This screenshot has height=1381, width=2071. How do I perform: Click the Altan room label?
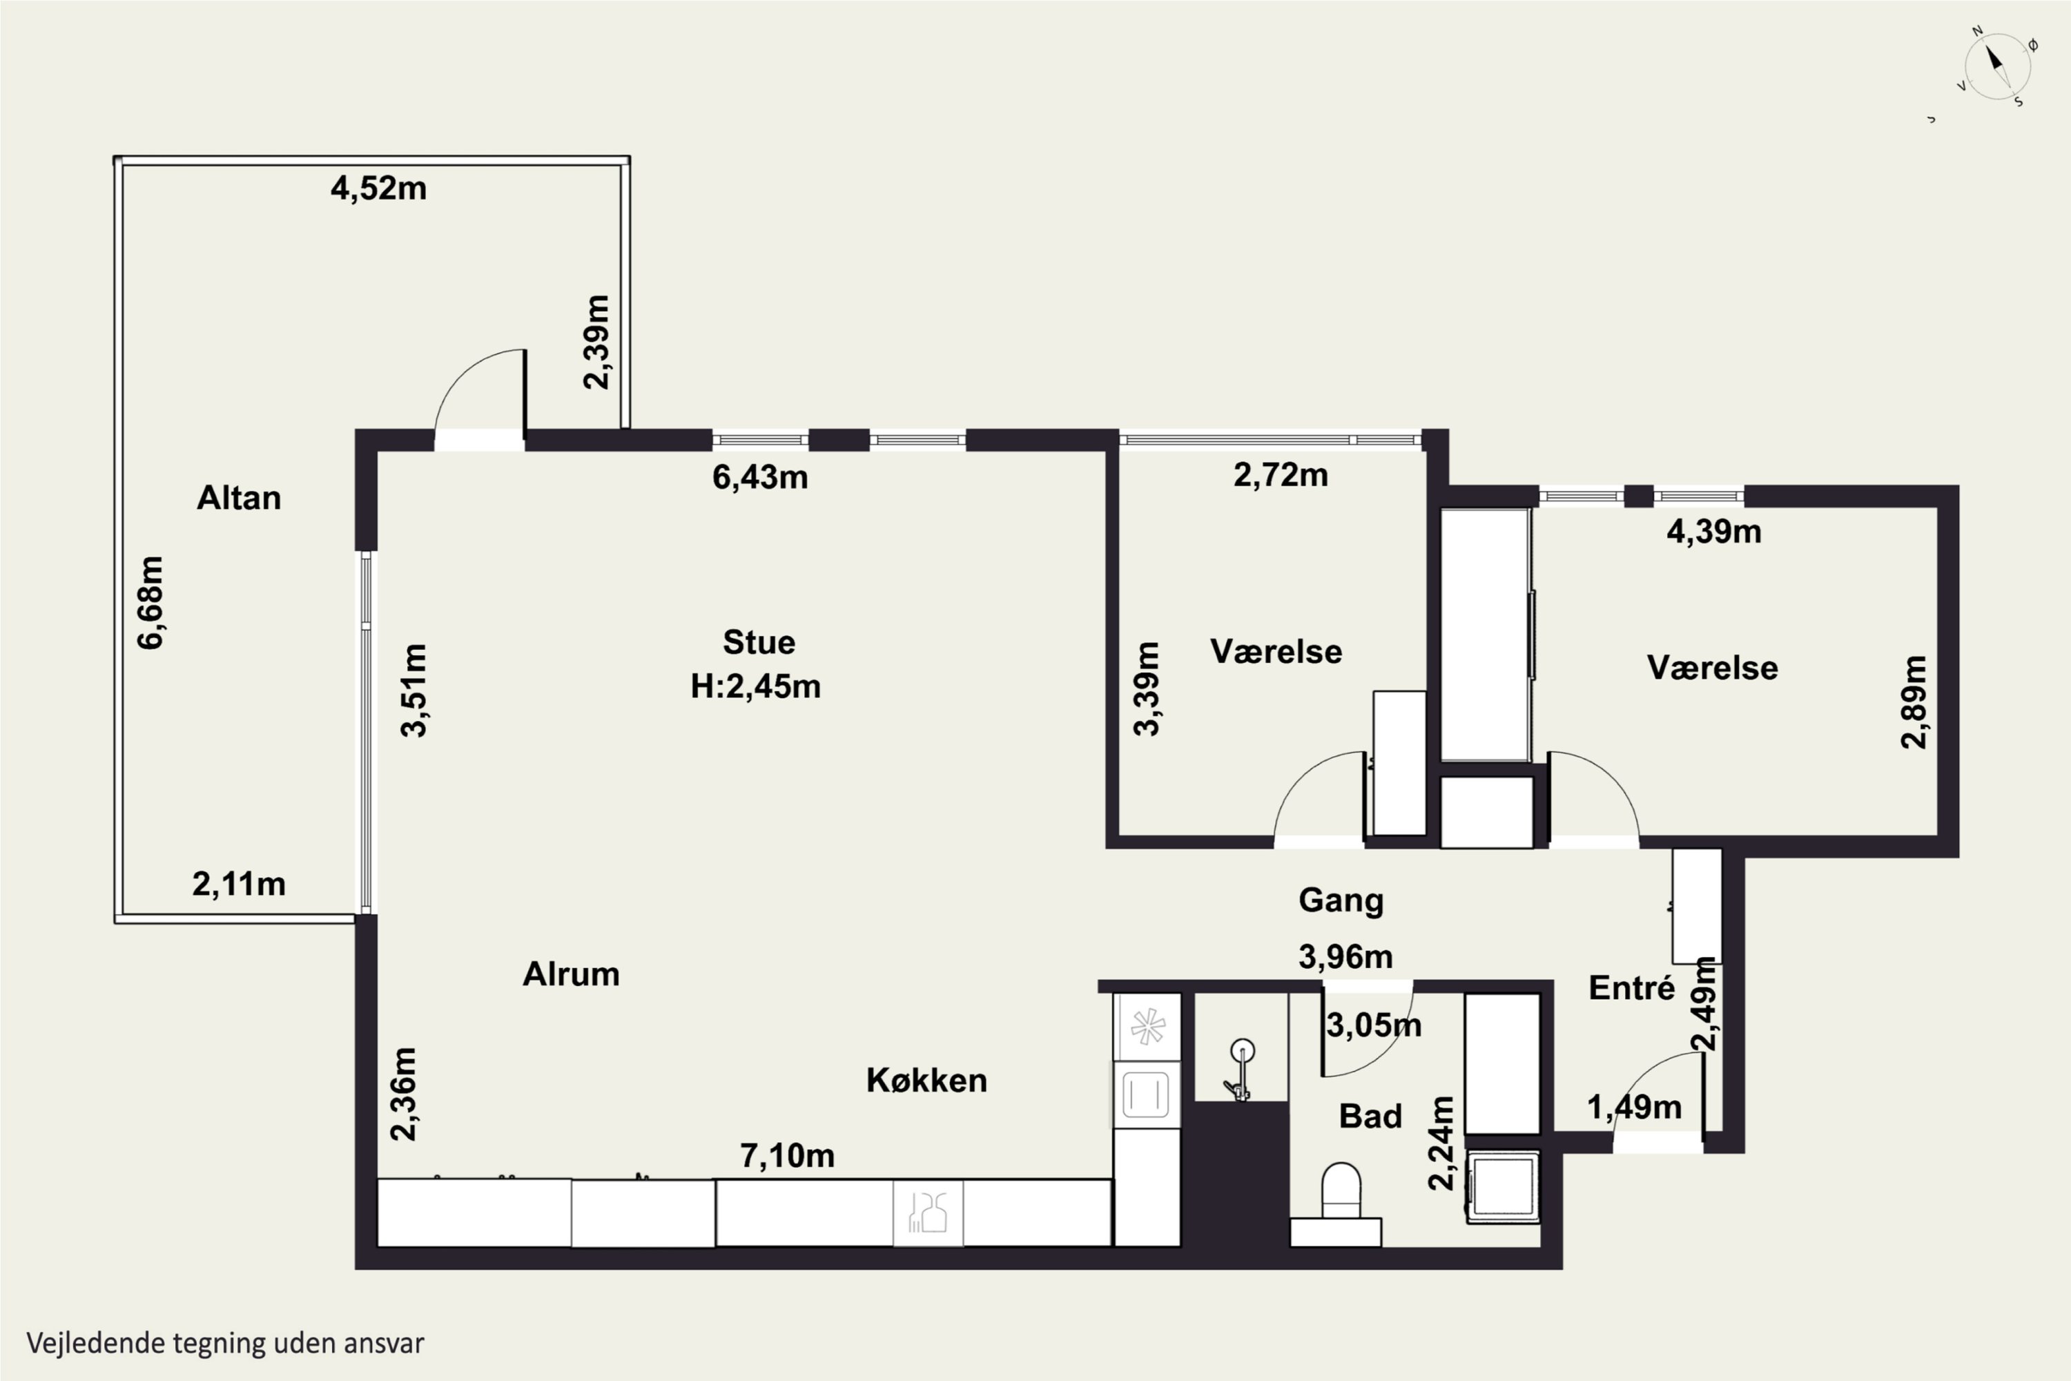(x=239, y=499)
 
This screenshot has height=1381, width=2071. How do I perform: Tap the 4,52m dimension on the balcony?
(x=378, y=189)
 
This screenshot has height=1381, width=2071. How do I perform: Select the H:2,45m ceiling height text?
(x=755, y=686)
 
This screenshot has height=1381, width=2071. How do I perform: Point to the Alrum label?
(x=572, y=974)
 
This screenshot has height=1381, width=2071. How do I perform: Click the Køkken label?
(x=926, y=1081)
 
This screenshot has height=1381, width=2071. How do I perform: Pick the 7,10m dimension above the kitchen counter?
(x=787, y=1155)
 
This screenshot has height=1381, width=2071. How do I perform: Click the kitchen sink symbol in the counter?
(x=928, y=1213)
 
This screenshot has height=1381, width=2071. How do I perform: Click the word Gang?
(x=1341, y=901)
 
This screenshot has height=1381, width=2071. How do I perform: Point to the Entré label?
(x=1632, y=988)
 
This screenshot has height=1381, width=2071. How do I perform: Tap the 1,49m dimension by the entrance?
(x=1634, y=1107)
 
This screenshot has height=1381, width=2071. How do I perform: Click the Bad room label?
(x=1370, y=1117)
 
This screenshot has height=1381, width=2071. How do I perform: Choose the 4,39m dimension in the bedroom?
(x=1713, y=532)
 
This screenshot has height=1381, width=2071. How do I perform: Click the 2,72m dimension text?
(x=1281, y=476)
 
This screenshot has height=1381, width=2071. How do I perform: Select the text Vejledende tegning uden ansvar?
(x=226, y=1343)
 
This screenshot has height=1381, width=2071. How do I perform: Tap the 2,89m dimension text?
(x=1914, y=702)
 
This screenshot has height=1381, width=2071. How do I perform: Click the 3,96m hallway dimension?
(x=1345, y=956)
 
